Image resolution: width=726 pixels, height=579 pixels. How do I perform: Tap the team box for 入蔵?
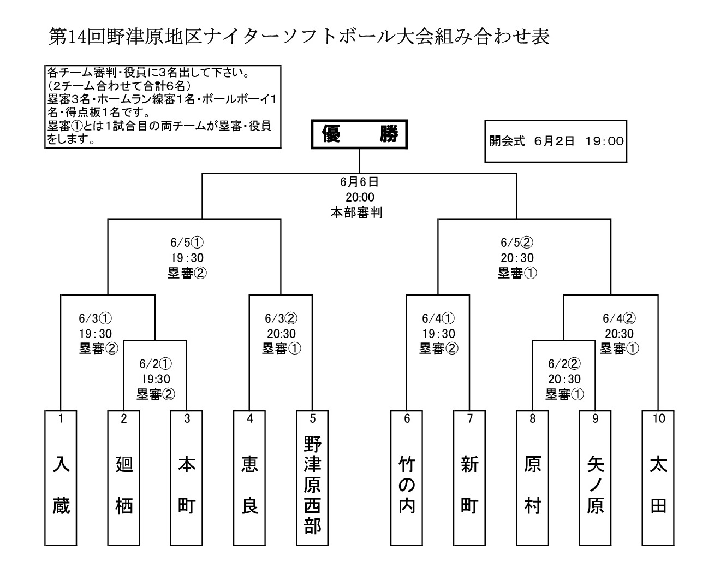(x=61, y=478)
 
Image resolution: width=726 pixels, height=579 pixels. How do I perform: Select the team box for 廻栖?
(x=124, y=478)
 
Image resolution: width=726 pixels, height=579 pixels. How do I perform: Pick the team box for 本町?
(x=187, y=478)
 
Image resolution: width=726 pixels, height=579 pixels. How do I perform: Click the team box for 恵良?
(x=249, y=478)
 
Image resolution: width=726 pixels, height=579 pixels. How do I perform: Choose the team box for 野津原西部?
(x=312, y=478)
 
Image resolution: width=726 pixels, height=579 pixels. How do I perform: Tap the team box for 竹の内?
(x=407, y=478)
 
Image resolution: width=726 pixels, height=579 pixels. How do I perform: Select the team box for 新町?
(x=469, y=478)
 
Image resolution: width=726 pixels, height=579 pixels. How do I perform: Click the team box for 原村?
(x=532, y=478)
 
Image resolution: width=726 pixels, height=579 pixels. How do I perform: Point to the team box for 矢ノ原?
(x=596, y=478)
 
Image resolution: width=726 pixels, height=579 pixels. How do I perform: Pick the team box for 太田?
(x=658, y=478)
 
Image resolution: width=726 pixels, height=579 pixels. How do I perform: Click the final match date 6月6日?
(x=359, y=182)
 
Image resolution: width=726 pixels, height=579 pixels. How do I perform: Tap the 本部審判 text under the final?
(x=356, y=212)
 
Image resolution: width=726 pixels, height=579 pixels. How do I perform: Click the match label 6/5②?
(x=517, y=243)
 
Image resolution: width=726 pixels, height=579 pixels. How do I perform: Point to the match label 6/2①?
(x=156, y=364)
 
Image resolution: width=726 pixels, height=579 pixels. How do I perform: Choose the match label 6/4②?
(x=619, y=318)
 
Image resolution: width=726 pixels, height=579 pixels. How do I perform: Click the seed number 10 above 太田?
(x=658, y=419)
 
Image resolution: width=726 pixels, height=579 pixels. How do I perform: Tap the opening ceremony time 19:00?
(x=604, y=141)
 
